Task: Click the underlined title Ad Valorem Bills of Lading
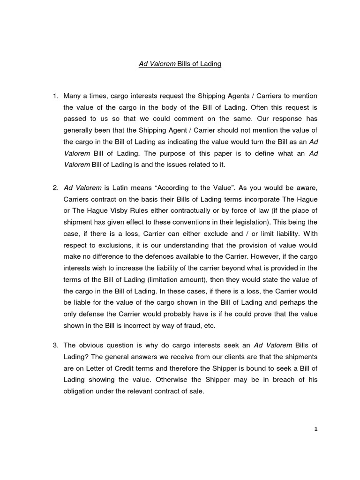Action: tap(180, 64)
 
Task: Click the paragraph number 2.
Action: tap(55, 187)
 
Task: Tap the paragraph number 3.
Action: tap(55, 345)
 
